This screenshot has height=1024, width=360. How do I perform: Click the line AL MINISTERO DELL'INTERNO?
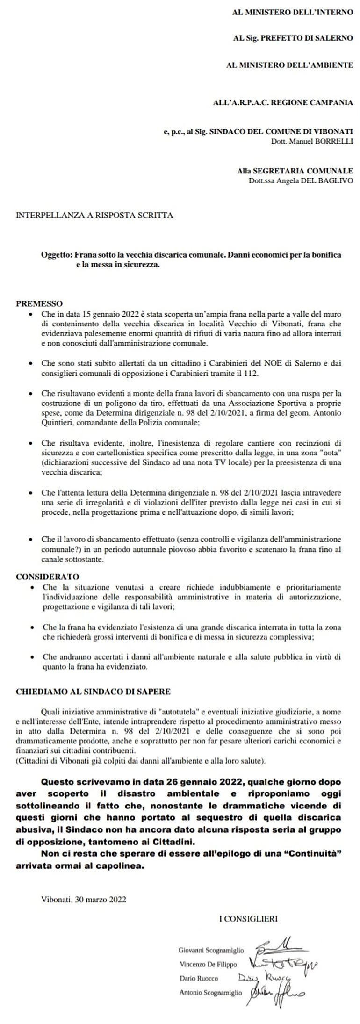[x=292, y=12]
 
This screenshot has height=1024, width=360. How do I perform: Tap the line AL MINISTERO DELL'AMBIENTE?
[x=289, y=65]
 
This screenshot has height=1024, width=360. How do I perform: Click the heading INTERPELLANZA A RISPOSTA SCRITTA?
[x=94, y=216]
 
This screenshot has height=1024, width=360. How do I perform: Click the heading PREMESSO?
[x=39, y=303]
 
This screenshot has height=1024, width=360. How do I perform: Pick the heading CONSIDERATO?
[x=47, y=577]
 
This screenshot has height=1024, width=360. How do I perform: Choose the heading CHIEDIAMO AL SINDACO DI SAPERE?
[x=93, y=691]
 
